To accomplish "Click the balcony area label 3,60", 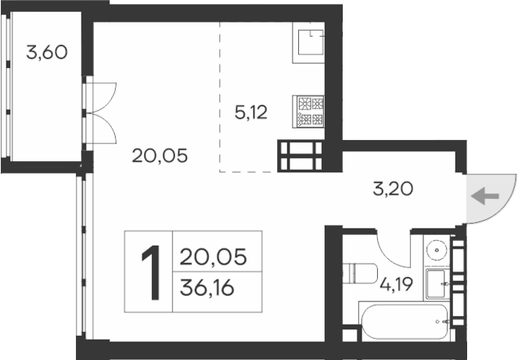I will point(47,53).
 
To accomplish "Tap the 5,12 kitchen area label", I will point(251,112).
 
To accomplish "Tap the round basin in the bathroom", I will point(436,250).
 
